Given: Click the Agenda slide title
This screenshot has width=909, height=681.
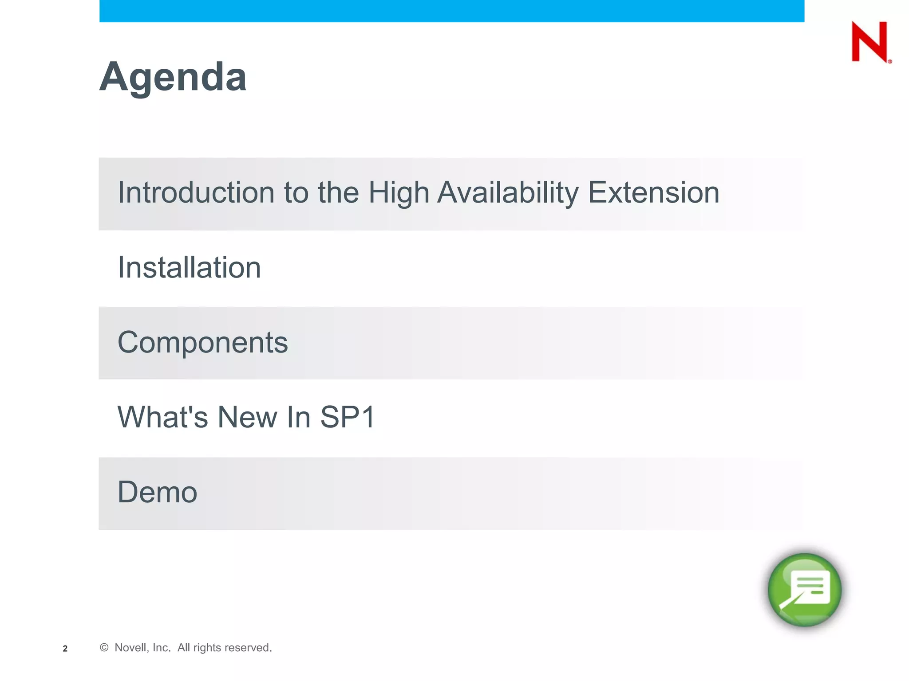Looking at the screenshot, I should [173, 77].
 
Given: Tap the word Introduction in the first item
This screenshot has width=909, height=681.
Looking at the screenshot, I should [196, 192].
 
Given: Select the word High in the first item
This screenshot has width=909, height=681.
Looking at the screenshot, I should [399, 193].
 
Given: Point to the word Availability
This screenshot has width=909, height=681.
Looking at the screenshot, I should [508, 193].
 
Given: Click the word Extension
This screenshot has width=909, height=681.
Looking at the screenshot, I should [653, 193].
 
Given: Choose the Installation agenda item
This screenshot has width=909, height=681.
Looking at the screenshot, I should [189, 267].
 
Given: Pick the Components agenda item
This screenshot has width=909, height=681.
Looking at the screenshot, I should [202, 342].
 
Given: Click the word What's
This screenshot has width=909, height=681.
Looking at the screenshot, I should [162, 417].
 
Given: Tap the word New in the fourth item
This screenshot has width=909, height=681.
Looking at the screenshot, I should [247, 417].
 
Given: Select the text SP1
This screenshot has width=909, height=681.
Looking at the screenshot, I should [348, 417].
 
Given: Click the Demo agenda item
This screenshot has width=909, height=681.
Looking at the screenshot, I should [157, 492].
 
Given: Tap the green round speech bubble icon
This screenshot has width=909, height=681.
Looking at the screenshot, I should [804, 590].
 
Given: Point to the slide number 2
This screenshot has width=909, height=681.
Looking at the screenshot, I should [65, 649].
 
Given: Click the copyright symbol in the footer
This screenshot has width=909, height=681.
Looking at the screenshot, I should [104, 647].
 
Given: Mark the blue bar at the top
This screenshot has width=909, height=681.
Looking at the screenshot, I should [451, 11].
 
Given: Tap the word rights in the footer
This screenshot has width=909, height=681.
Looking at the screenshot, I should [207, 648].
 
